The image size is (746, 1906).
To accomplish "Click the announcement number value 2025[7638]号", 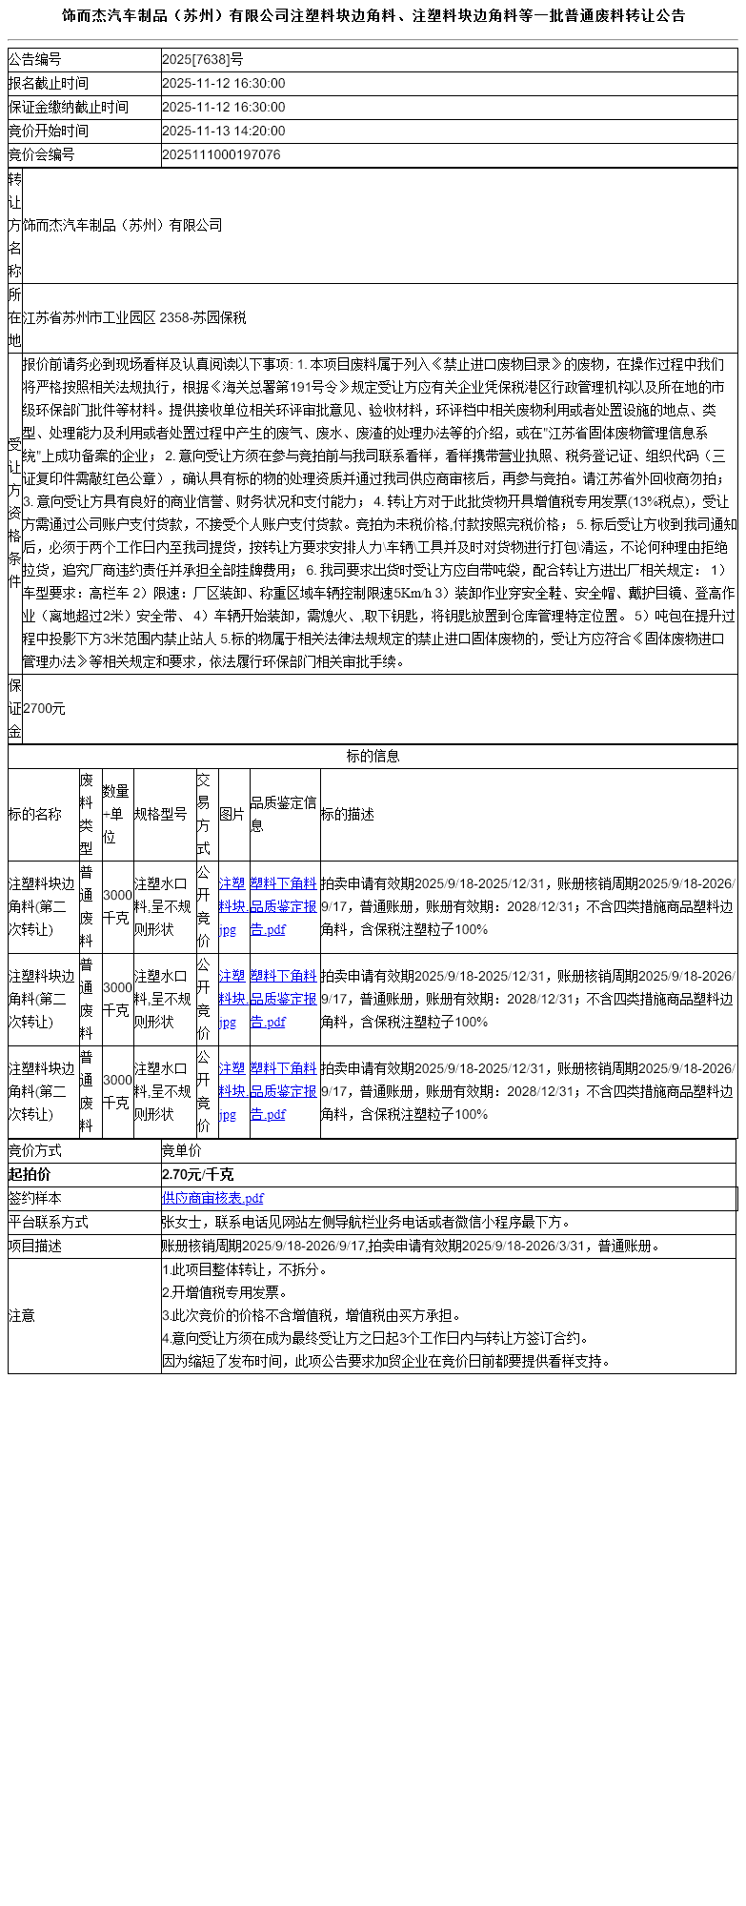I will (x=203, y=60).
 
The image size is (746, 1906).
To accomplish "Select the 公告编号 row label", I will (x=35, y=60).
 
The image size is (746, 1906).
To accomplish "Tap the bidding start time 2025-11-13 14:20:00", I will (x=224, y=132).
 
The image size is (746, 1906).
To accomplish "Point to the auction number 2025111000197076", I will (x=221, y=154).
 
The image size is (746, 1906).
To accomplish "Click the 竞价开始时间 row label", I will (x=49, y=132).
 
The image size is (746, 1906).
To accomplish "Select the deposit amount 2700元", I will (x=45, y=709).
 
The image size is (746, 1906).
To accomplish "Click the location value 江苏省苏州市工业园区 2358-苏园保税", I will (x=134, y=318).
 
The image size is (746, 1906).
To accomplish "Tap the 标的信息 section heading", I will (x=373, y=757).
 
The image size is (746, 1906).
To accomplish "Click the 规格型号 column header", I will (x=161, y=815).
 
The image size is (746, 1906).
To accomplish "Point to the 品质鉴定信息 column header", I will (x=284, y=815).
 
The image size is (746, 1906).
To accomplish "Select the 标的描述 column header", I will (x=348, y=815).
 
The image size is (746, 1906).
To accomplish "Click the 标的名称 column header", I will (x=35, y=815).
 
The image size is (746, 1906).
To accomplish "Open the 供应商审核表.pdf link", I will (x=212, y=1199).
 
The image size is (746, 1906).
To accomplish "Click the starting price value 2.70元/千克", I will (x=198, y=1175).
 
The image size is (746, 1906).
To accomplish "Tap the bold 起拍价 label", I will (x=30, y=1175).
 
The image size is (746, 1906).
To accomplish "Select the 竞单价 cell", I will (x=182, y=1151).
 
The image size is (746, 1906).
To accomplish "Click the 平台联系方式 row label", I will (x=49, y=1223).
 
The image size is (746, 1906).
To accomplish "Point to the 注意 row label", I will (x=22, y=1316).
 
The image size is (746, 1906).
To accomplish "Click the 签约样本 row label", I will (x=35, y=1199).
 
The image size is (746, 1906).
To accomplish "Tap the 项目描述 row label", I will (x=35, y=1247).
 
